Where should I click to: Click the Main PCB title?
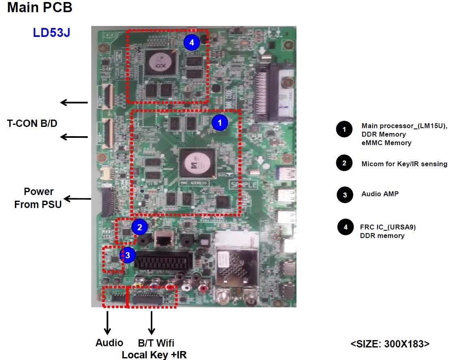[40, 8]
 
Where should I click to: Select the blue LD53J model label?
[52, 32]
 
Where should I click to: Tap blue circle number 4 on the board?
[191, 42]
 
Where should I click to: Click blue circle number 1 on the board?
[220, 122]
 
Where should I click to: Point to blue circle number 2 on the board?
[140, 227]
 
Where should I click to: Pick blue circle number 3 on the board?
[128, 255]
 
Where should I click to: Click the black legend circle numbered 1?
[344, 130]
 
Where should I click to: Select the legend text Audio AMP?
[380, 194]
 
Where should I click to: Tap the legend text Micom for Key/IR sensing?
[404, 164]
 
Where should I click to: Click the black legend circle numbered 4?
[345, 227]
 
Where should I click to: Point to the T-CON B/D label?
[32, 124]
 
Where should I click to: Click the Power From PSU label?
[38, 198]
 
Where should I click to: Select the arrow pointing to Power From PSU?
[78, 199]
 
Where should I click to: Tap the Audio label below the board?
[109, 343]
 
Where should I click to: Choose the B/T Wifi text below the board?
[156, 343]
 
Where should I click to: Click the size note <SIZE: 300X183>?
[390, 344]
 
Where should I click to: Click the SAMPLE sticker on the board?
[243, 185]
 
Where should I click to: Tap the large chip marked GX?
[159, 64]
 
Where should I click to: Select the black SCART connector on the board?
[163, 261]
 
